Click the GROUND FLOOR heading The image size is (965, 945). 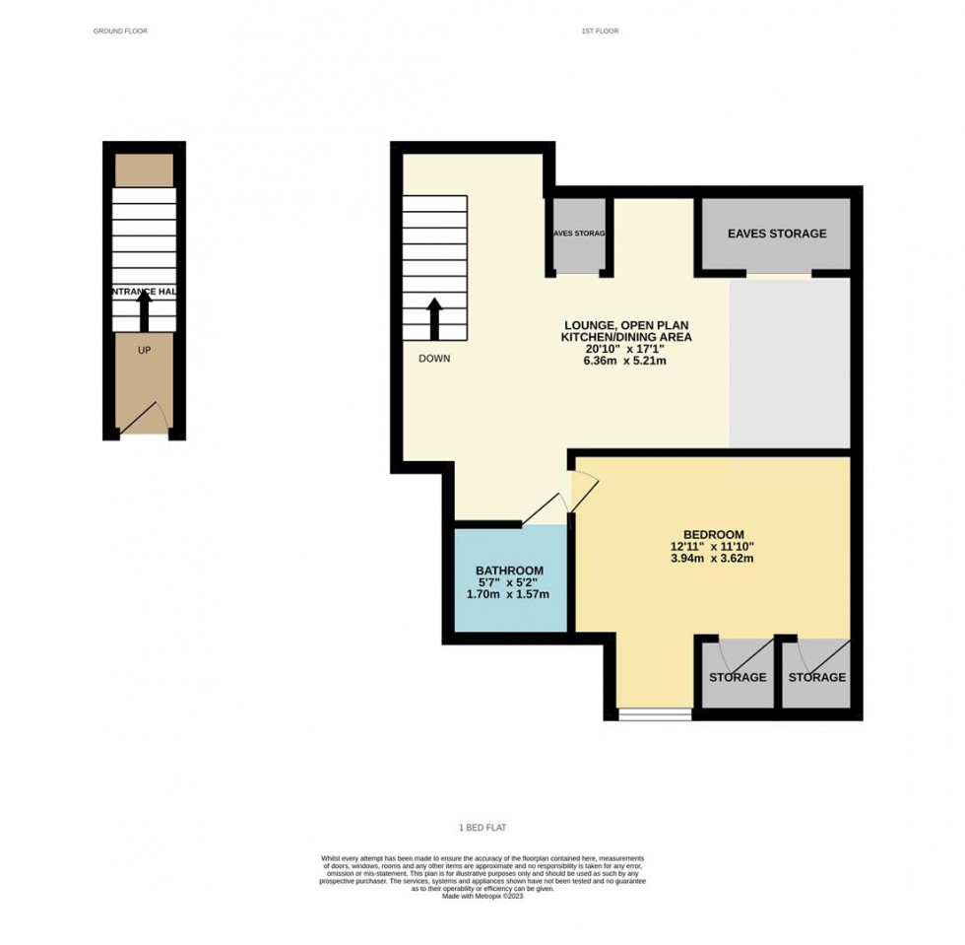click(x=120, y=32)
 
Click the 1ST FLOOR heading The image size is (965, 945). click(x=600, y=32)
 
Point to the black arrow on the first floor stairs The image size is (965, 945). click(x=433, y=318)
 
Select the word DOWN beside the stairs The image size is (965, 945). click(x=433, y=359)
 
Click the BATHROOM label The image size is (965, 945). click(x=509, y=571)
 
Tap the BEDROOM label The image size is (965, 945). click(x=712, y=534)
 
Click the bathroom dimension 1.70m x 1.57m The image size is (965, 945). click(x=509, y=594)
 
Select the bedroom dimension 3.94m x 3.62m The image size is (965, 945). click(x=712, y=559)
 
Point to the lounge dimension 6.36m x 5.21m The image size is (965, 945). click(x=627, y=361)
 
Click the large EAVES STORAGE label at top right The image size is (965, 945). click(x=776, y=234)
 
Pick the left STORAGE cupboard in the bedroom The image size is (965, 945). click(x=738, y=674)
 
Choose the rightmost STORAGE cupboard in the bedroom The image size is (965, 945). click(x=816, y=674)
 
